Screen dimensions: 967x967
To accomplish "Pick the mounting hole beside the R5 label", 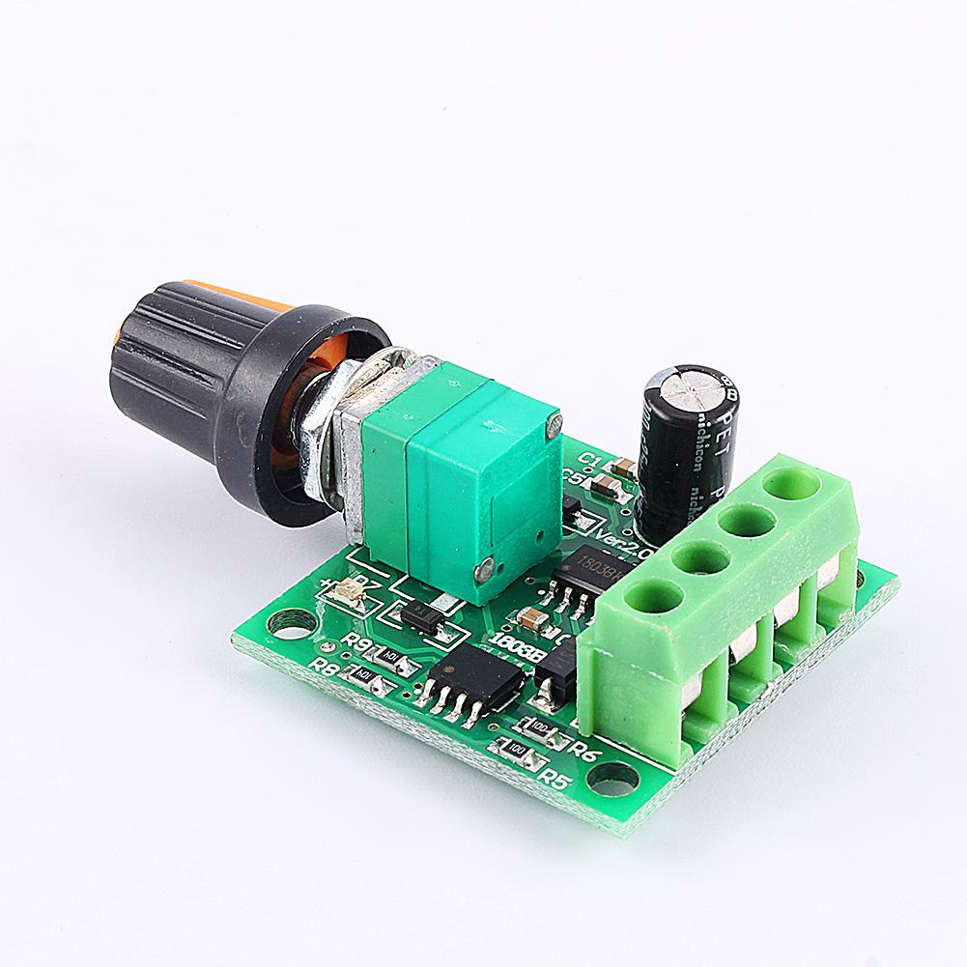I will tap(612, 774).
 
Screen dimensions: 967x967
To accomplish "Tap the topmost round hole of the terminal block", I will tap(790, 481).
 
